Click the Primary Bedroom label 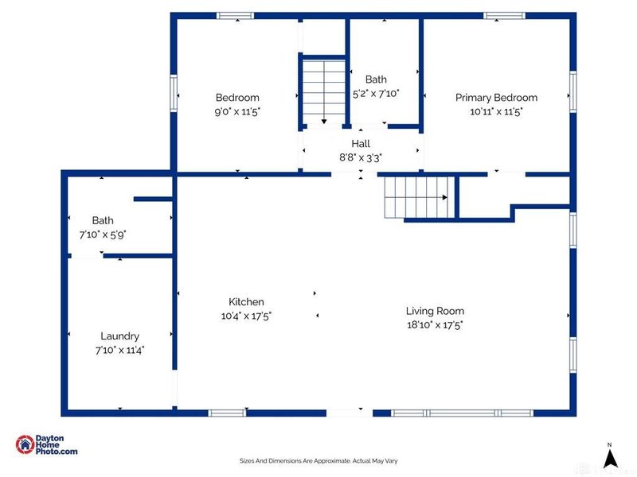point(496,98)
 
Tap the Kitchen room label point(246,302)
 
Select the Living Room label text point(435,311)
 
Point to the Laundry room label point(120,336)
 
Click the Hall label point(361,144)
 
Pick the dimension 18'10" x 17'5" point(435,325)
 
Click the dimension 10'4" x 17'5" point(246,316)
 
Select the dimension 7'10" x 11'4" point(120,350)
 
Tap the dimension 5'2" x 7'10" point(376,94)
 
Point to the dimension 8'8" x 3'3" point(361,157)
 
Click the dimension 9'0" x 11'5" point(237,111)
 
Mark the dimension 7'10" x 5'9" point(103,235)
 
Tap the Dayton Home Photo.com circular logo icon point(25,444)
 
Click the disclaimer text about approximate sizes point(318,461)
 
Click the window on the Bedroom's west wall point(174,93)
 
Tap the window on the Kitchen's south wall point(227,413)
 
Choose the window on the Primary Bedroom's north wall point(504,16)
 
